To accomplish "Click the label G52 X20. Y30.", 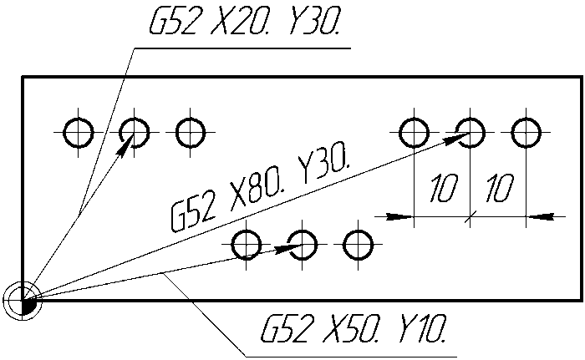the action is click(245, 21).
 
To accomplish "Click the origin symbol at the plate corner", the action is click(23, 300).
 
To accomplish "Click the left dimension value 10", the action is click(443, 189).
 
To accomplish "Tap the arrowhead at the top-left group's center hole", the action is click(125, 144).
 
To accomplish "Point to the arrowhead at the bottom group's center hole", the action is click(288, 248).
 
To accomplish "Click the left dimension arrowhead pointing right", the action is click(399, 216).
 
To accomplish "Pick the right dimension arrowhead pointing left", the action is click(540, 216).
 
